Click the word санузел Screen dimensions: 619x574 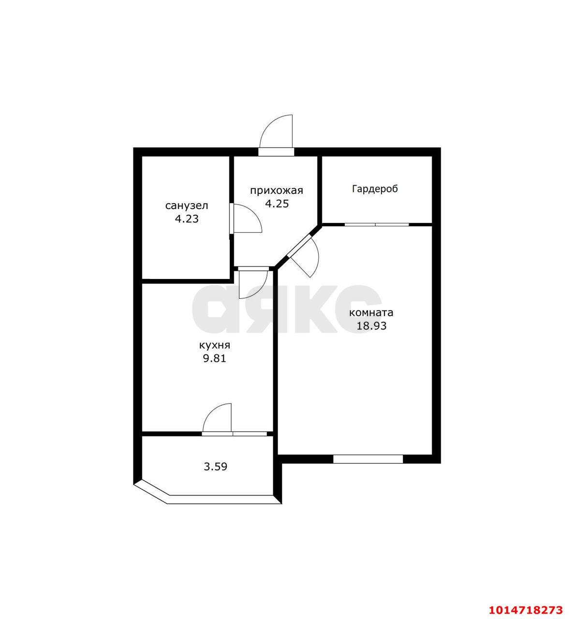[187, 206]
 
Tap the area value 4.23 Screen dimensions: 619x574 [187, 219]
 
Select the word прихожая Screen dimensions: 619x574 [276, 190]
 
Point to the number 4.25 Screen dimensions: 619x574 [277, 203]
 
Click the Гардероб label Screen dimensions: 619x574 [375, 189]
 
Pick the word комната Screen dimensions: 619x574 [371, 312]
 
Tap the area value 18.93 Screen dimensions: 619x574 [371, 325]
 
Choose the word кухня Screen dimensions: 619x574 [214, 345]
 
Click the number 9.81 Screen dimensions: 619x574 [214, 358]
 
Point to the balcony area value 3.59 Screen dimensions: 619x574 [215, 467]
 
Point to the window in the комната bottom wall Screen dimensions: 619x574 [368, 459]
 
